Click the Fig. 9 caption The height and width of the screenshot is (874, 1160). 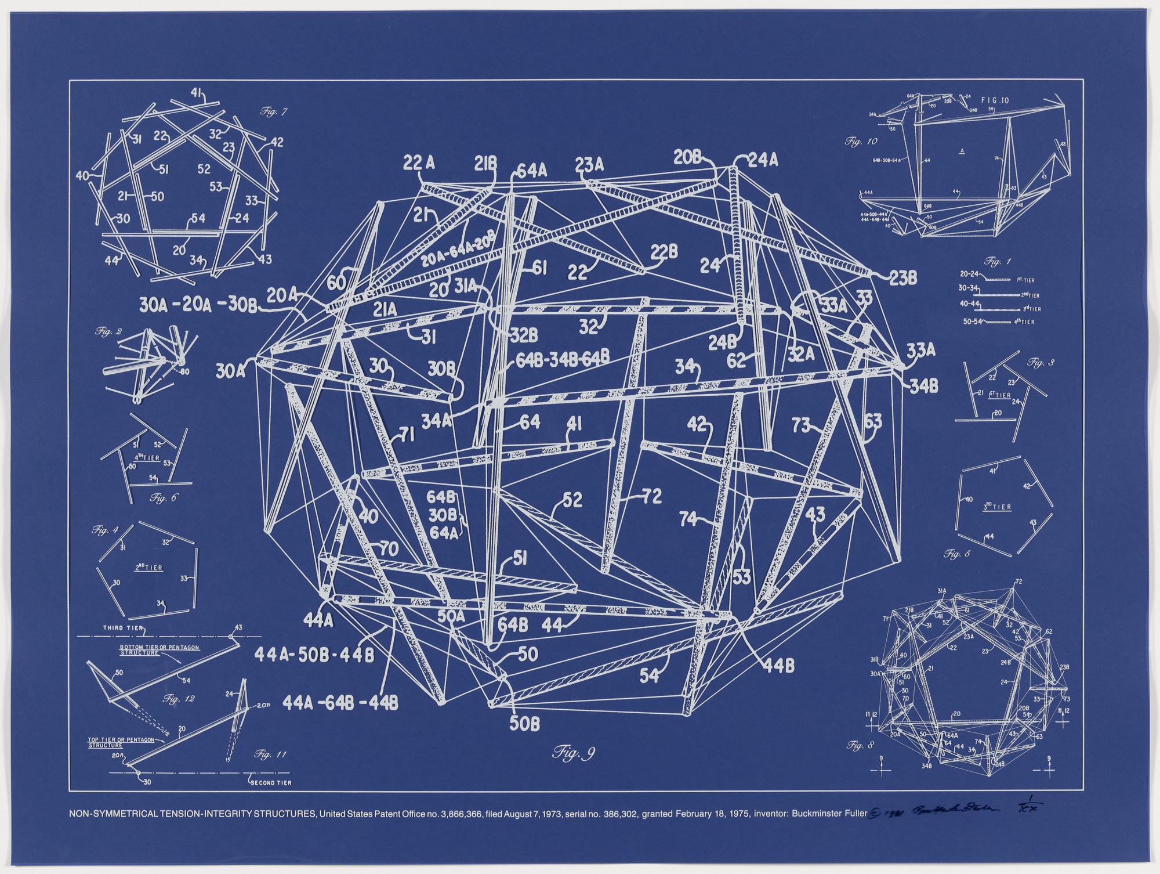coord(573,754)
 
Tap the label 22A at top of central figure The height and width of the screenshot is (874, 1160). coord(419,164)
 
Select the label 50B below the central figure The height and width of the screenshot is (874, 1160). coord(525,724)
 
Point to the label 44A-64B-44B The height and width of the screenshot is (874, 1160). coord(340,703)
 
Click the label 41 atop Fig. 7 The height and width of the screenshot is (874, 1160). coord(196,93)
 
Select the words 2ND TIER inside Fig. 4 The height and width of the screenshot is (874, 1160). coord(148,568)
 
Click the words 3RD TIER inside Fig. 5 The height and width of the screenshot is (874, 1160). coord(997,507)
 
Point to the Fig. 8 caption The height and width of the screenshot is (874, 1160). coord(860,744)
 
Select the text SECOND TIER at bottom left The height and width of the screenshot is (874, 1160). coord(270,782)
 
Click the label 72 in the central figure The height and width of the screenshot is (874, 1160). coord(651,497)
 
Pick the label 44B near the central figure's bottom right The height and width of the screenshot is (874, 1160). coord(778,667)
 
